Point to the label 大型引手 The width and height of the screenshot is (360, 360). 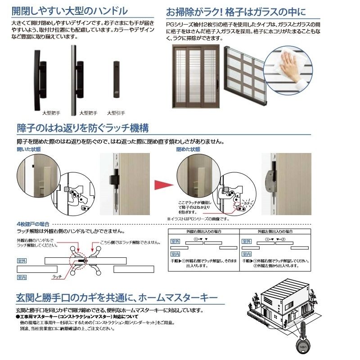[116, 113]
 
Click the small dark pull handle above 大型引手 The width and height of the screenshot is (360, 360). [116, 79]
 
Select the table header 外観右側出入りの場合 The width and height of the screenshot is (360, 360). [203, 231]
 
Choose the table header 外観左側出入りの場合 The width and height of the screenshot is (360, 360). [274, 231]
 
